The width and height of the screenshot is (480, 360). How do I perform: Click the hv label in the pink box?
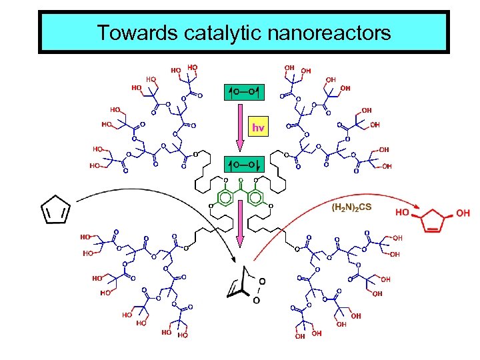(x=259, y=127)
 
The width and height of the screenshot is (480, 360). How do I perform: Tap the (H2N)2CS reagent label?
(x=351, y=207)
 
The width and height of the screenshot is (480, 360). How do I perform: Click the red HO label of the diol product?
(x=402, y=213)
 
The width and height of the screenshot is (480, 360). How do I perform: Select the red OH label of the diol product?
(x=463, y=213)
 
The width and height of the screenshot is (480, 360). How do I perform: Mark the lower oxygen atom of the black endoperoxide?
(x=256, y=301)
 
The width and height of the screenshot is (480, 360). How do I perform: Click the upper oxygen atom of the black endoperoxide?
(x=262, y=281)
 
